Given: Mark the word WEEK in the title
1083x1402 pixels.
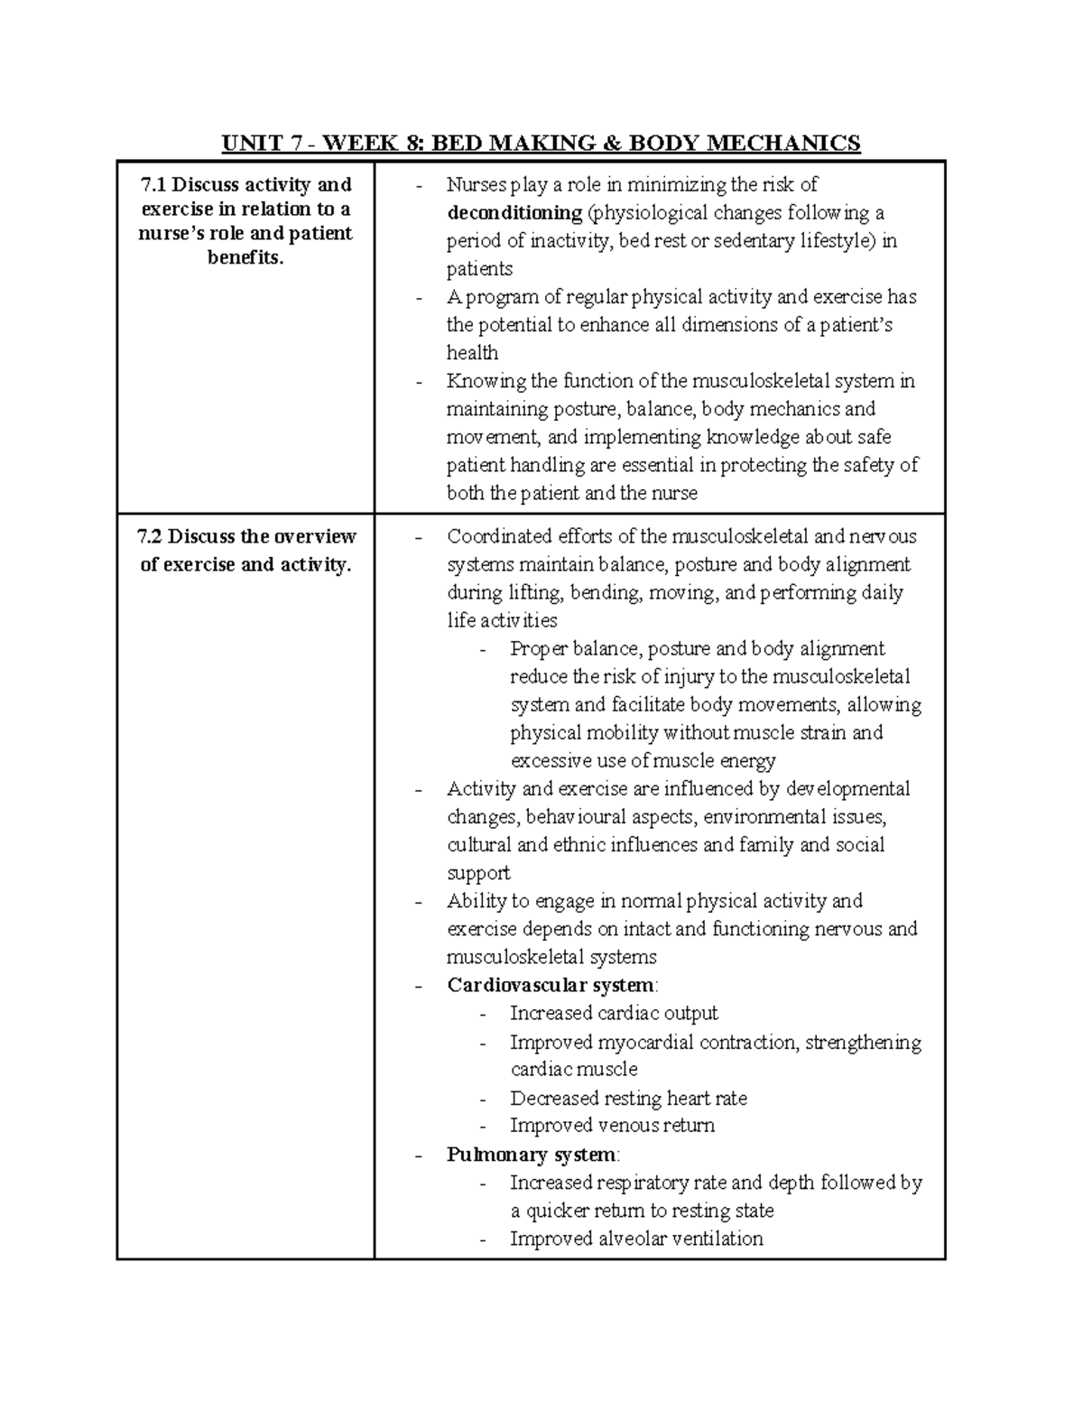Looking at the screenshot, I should tap(362, 144).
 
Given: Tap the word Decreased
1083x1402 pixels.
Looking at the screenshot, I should tap(552, 1099).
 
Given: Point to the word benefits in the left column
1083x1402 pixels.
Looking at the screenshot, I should tap(245, 259).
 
